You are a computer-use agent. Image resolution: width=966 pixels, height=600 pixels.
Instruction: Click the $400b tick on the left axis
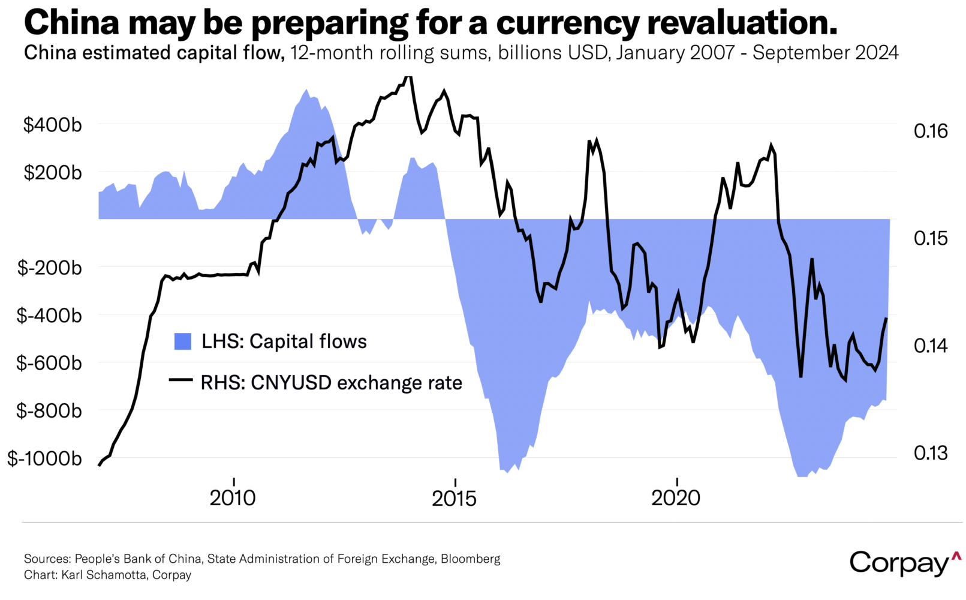(52, 125)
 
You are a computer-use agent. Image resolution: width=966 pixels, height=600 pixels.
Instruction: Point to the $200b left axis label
(52, 173)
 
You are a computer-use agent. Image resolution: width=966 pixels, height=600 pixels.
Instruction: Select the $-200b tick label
(49, 268)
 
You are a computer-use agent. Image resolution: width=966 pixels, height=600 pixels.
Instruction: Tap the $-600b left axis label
(49, 363)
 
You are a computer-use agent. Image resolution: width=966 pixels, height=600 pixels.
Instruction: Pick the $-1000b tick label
(45, 458)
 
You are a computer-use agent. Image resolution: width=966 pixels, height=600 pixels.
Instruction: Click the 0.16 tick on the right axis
(931, 131)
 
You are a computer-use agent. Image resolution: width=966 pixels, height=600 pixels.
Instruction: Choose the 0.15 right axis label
(931, 238)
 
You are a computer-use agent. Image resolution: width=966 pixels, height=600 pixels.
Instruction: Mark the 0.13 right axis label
(931, 453)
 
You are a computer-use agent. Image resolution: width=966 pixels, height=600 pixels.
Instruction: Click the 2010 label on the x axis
(233, 498)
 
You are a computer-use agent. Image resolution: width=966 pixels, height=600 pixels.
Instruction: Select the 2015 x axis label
(455, 498)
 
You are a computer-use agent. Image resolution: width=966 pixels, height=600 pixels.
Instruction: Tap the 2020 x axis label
(676, 498)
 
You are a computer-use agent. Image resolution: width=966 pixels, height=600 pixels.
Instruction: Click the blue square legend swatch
(183, 341)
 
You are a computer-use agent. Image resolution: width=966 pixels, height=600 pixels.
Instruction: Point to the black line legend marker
(181, 380)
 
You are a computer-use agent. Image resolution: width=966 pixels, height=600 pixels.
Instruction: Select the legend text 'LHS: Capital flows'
(284, 341)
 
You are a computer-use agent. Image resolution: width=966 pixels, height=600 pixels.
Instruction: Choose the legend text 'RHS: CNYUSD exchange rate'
(332, 383)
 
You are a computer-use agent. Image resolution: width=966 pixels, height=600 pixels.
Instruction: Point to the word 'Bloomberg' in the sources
(470, 559)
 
